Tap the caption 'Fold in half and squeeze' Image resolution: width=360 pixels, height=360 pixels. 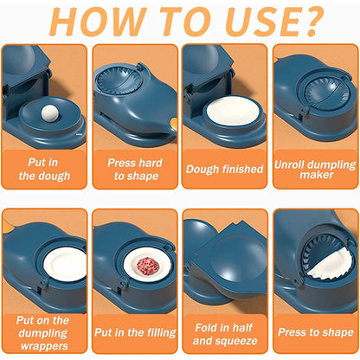(x=223, y=331)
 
